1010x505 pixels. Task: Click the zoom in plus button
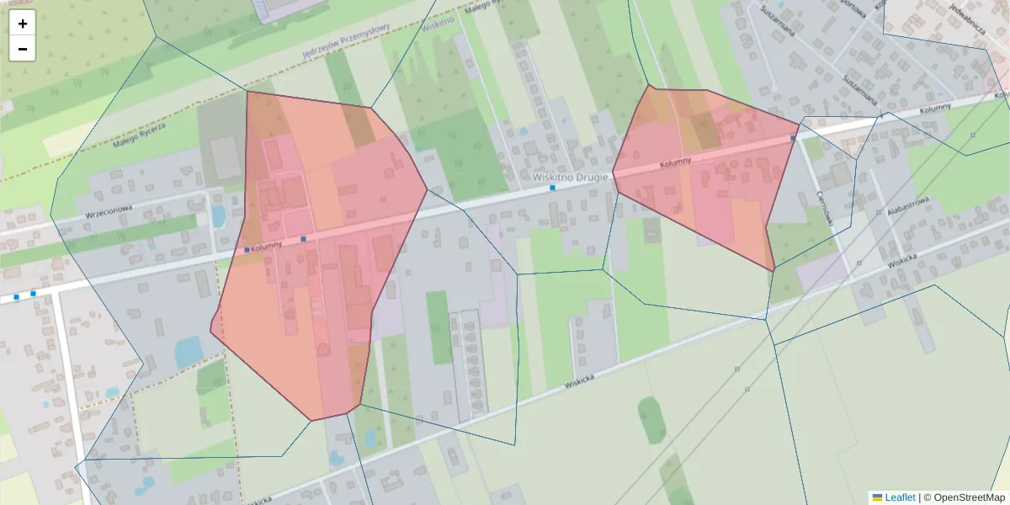click(23, 24)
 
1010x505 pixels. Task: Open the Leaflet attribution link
click(900, 497)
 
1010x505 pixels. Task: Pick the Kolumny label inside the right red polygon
click(675, 162)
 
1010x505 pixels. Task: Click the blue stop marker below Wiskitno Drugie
click(553, 188)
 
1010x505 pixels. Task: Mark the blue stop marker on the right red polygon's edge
click(793, 138)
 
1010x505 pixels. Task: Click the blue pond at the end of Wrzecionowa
click(219, 215)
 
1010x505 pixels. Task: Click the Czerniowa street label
click(824, 207)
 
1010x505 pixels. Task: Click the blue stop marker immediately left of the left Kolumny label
click(247, 250)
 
